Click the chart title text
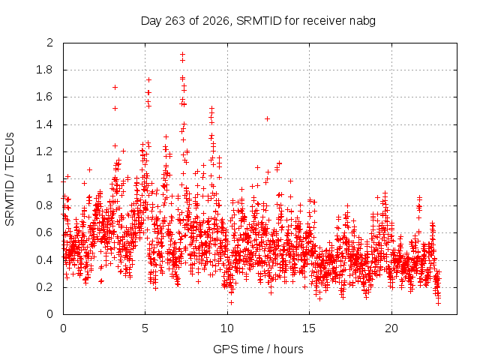coord(258,21)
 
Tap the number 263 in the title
coord(175,21)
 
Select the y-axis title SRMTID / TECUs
coord(10,179)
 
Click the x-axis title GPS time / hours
coord(258,349)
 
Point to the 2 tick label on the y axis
coord(50,43)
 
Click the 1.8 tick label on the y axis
coord(45,70)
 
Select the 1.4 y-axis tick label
coord(45,124)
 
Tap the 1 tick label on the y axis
coord(50,178)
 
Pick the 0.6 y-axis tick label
coord(45,232)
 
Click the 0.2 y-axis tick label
coord(45,287)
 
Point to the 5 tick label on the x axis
coord(145,328)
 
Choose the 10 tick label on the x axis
coord(227,328)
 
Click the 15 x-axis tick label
coord(309,328)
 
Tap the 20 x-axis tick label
coord(391,328)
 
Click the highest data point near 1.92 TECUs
coord(182,54)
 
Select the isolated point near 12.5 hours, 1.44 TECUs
coord(267,118)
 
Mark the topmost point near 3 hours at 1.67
coord(115,87)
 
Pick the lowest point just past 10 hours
coord(232,302)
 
